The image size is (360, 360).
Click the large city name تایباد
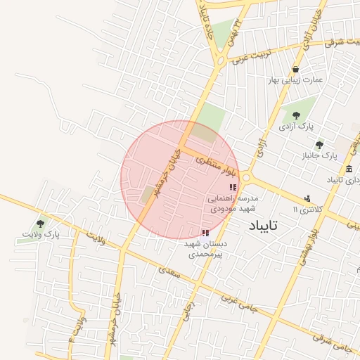[264, 226]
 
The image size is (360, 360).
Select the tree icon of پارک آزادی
[295, 114]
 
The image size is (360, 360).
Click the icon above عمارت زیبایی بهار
[295, 69]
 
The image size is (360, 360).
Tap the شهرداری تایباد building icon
[349, 169]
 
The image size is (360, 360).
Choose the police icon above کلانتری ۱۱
[307, 199]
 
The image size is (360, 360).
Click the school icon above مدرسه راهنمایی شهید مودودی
[233, 187]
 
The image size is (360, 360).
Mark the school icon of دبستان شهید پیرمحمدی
[205, 233]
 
